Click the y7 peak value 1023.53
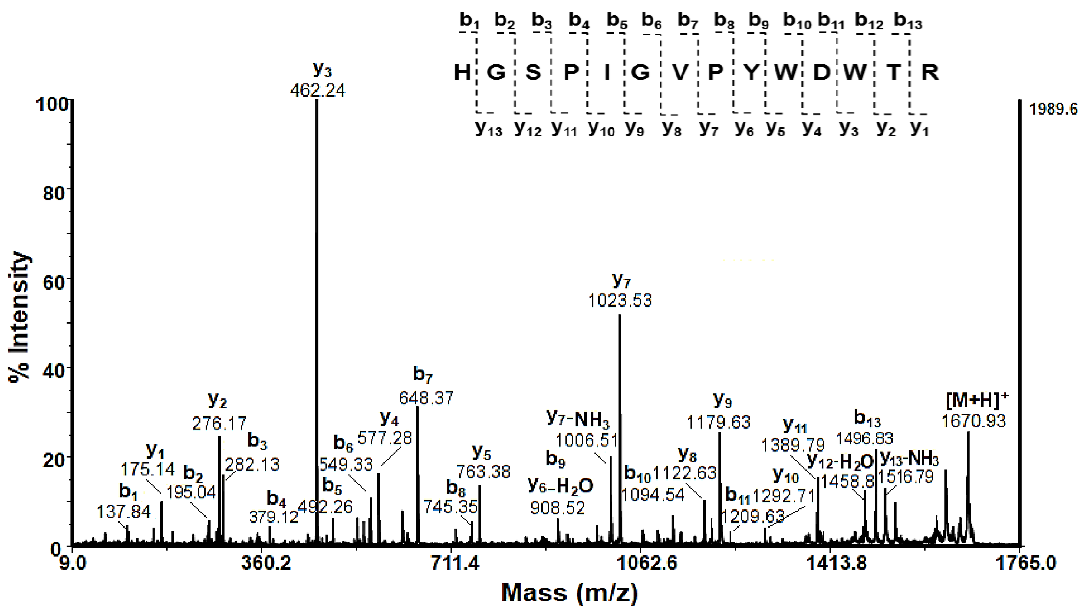[620, 301]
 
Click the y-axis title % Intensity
[19, 317]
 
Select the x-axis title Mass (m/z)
[569, 593]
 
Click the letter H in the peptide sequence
[462, 73]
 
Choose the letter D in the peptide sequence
[821, 73]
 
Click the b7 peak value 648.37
[426, 398]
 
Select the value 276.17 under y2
[219, 423]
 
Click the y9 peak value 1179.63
[718, 422]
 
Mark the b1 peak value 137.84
[123, 512]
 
